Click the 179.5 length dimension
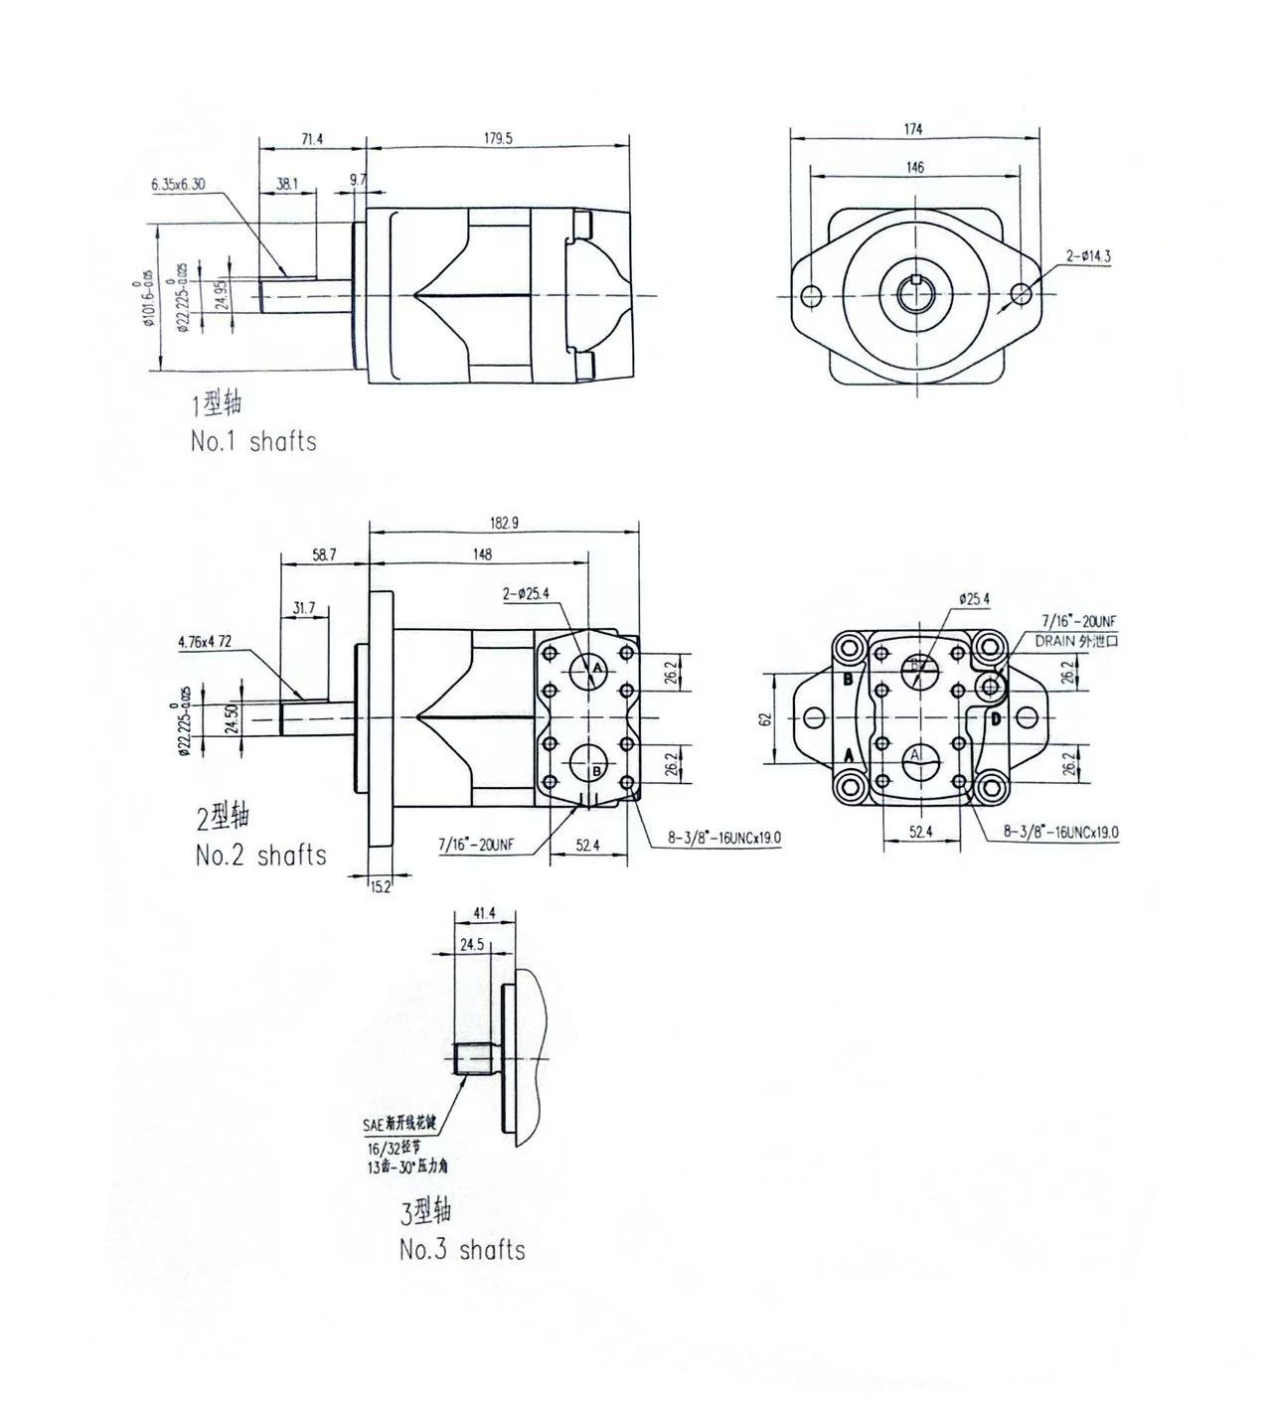pos(498,139)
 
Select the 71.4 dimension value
pos(312,139)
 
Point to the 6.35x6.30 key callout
pos(178,184)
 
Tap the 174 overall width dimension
pos(913,129)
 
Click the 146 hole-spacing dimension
pos(914,168)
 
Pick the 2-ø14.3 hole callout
pos(1088,256)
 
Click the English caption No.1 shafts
pos(253,441)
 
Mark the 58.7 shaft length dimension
pos(324,555)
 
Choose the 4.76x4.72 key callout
pos(205,642)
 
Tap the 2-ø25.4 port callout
pos(526,594)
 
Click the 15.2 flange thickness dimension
pos(381,886)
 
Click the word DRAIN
pos(1055,641)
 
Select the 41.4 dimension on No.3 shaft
pos(484,912)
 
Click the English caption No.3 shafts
pos(462,1249)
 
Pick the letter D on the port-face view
pos(995,718)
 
